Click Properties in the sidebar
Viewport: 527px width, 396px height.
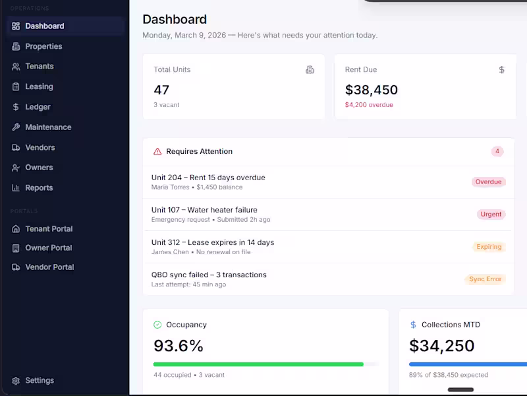point(43,46)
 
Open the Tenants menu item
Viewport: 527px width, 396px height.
point(39,66)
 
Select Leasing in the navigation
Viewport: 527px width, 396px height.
point(39,86)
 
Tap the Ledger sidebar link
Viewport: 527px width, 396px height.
point(38,107)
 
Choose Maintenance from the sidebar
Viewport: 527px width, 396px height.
point(48,127)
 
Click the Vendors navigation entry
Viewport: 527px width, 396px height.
point(40,147)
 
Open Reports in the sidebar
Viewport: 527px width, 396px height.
point(39,188)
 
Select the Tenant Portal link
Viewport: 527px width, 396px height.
point(49,229)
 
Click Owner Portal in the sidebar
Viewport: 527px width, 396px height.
point(48,248)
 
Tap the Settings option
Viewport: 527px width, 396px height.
point(39,381)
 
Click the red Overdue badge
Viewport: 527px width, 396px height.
point(488,182)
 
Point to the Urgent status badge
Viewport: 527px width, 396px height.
point(491,214)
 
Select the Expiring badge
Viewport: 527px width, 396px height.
point(489,247)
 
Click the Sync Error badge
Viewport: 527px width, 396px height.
point(485,279)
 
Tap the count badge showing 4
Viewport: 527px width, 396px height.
point(497,152)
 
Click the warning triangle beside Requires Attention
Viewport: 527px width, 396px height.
point(157,152)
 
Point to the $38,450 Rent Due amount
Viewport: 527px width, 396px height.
point(372,90)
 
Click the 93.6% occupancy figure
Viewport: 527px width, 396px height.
point(179,346)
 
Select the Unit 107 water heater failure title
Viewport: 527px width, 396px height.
point(204,210)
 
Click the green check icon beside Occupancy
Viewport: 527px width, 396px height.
point(157,325)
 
